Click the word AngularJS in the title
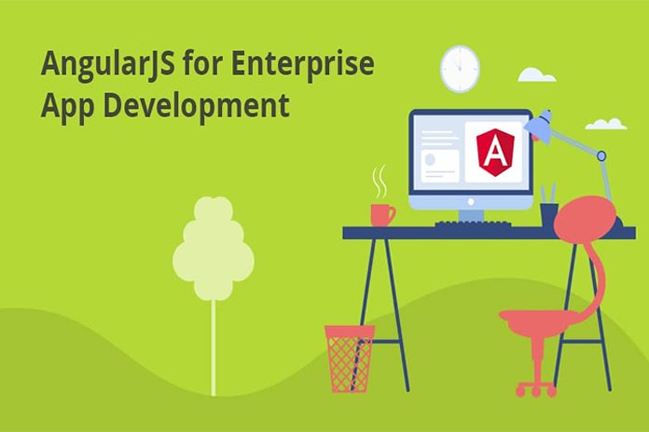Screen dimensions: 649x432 point(107,64)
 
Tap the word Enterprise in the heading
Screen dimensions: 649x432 point(302,64)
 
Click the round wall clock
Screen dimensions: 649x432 point(460,69)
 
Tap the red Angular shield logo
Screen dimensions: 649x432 point(495,152)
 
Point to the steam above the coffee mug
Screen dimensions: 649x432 point(380,182)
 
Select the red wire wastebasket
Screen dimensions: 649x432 point(351,358)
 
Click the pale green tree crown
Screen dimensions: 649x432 point(214,248)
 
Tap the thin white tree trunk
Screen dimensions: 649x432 point(214,347)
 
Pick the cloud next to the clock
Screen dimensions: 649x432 point(536,75)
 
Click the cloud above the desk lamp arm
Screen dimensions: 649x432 point(605,124)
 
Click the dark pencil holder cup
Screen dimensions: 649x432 point(549,214)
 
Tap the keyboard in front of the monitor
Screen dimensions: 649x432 point(473,223)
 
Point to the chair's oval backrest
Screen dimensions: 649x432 point(585,220)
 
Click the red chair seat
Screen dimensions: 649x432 point(538,318)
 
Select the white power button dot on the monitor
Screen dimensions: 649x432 point(470,202)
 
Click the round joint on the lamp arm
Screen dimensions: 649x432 point(601,156)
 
